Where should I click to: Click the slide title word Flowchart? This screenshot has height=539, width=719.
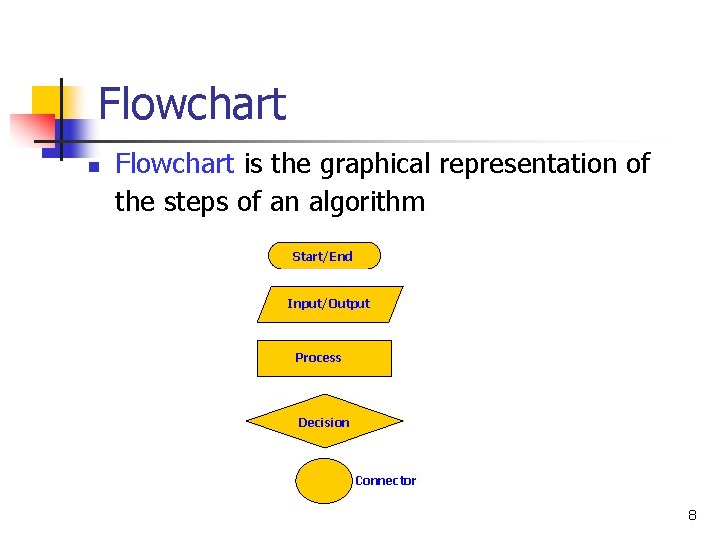pos(192,104)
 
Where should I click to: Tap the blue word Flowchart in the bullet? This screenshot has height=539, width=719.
pos(175,163)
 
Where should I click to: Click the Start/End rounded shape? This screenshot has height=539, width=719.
pos(324,256)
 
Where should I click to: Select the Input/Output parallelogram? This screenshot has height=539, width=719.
pos(329,304)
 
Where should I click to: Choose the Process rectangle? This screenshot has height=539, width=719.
pos(324,358)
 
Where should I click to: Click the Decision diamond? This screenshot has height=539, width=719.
pos(325,423)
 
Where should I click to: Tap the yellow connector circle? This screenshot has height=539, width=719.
pos(323,480)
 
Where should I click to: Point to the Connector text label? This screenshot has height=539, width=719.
pos(385,481)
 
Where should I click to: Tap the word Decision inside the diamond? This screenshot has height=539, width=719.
pos(324,423)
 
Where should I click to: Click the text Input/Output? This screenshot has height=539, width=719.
pos(329,304)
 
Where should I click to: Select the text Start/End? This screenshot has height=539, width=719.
pos(322,257)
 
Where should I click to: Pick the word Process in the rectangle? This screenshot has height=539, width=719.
pos(318,358)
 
